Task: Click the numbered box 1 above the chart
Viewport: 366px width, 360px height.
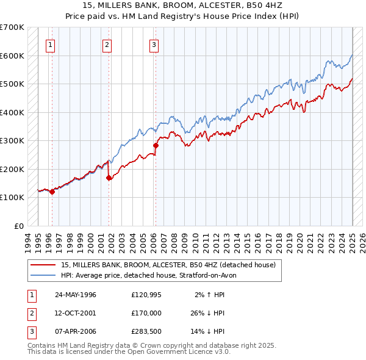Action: pos(49,44)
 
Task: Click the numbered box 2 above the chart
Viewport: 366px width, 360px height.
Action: pos(107,44)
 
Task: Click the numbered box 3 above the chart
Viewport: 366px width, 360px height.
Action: pos(154,44)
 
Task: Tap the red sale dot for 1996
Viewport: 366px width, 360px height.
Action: pos(52,192)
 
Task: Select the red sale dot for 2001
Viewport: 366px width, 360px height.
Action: pos(109,178)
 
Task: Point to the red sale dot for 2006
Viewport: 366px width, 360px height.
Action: pos(156,146)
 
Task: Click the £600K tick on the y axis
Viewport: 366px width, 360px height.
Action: pos(12,56)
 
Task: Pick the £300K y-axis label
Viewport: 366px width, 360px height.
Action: pos(12,140)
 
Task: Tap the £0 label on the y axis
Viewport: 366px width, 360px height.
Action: pos(18,226)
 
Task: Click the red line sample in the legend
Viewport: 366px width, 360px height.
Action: pos(43,265)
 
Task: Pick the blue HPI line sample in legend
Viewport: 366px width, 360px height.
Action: pos(43,275)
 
